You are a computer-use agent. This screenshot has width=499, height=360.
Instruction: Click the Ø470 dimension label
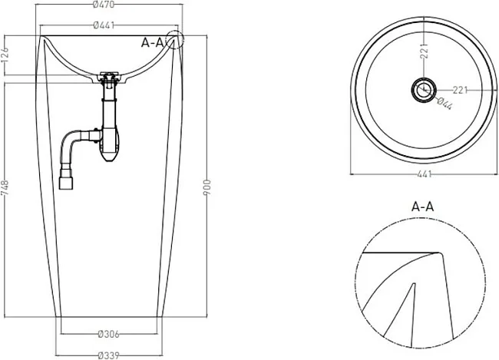(104, 5)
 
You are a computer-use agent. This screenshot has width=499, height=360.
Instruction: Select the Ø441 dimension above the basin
(104, 25)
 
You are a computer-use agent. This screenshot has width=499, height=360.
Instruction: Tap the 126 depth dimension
(5, 55)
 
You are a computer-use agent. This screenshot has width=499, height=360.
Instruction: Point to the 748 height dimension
(5, 188)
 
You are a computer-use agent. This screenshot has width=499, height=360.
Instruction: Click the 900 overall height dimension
(207, 187)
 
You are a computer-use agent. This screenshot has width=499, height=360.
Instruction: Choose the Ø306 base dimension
(109, 334)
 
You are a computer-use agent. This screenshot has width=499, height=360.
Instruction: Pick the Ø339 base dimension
(109, 355)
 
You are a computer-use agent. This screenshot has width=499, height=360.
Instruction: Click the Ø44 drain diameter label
(444, 104)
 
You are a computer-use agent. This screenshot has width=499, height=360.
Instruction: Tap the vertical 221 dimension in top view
(424, 51)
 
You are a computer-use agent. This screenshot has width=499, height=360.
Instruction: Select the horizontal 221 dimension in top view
(460, 91)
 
